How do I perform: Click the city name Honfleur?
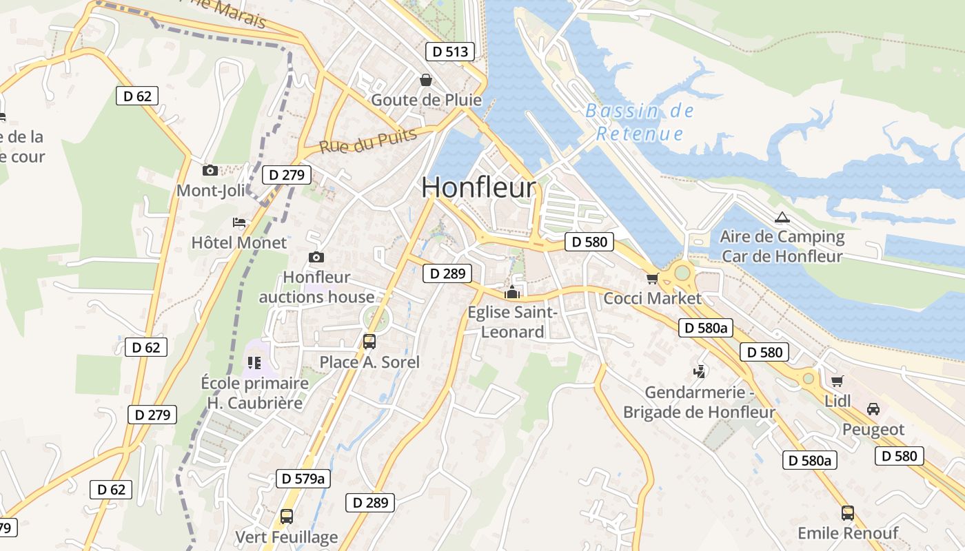[x=478, y=187]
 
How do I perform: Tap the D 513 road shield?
[x=450, y=52]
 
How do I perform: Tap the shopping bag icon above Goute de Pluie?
[x=426, y=80]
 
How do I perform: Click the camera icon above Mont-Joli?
[x=210, y=170]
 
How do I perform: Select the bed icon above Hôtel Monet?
[x=239, y=222]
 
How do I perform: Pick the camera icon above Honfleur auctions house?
[x=316, y=257]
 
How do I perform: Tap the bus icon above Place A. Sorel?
[x=369, y=342]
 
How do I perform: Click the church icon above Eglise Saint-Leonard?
[x=511, y=293]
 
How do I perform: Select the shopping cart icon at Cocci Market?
[x=652, y=279]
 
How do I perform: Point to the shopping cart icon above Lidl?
[x=837, y=381]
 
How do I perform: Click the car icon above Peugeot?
[x=873, y=409]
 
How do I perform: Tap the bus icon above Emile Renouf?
[x=848, y=513]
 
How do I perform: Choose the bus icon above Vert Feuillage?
[x=287, y=516]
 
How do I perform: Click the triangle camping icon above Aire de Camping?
[x=782, y=218]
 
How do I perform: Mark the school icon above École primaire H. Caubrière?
[x=254, y=362]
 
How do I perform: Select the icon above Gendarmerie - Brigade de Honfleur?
[x=700, y=372]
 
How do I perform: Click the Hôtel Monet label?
[x=238, y=242]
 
